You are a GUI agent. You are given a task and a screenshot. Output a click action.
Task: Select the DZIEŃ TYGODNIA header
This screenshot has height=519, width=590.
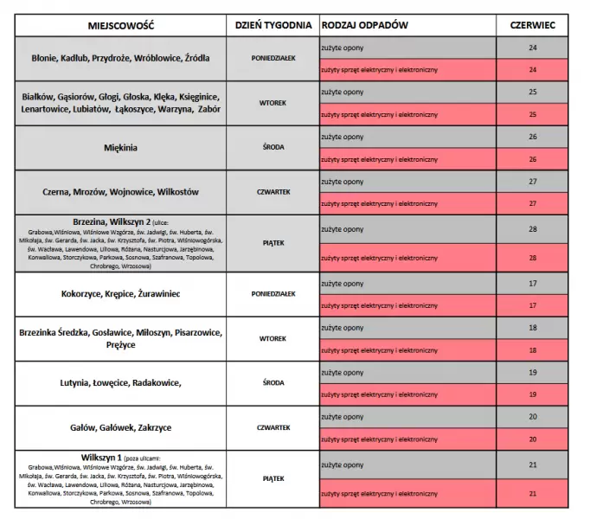tap(273, 25)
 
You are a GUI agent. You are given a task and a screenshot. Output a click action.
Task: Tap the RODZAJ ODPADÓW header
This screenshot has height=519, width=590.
tap(364, 25)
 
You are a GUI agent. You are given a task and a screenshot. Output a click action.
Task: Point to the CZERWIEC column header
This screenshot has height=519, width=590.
tap(532, 25)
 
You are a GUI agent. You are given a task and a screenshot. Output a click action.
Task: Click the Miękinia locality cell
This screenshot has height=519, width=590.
tap(120, 147)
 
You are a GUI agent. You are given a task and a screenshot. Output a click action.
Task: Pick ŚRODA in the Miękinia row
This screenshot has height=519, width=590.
tap(273, 147)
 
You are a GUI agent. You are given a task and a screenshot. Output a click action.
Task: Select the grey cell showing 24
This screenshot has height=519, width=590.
tap(532, 48)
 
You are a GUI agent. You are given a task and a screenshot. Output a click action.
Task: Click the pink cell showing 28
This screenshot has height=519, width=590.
tap(532, 258)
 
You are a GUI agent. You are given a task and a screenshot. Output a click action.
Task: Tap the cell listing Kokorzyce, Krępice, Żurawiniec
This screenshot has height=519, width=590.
tap(120, 294)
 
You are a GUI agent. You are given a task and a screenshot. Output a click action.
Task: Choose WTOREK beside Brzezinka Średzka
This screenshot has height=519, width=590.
tap(273, 338)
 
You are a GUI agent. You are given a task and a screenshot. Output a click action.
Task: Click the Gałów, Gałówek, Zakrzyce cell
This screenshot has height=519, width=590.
tap(120, 427)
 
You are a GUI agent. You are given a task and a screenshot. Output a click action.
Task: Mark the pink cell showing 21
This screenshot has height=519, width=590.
tap(532, 493)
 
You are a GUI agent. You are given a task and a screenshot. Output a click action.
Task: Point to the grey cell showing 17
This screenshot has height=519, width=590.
tap(532, 284)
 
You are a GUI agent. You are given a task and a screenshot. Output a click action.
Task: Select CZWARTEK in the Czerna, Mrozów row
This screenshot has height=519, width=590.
tap(273, 191)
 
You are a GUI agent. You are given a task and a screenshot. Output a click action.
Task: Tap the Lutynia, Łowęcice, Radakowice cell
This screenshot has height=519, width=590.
tap(120, 382)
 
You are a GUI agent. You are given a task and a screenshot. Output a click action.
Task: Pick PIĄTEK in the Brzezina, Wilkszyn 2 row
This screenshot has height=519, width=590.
tap(273, 243)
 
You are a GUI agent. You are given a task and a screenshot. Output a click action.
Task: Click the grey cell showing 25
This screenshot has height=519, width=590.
tap(532, 92)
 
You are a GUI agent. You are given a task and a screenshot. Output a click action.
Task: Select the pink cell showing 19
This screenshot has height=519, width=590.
tap(532, 394)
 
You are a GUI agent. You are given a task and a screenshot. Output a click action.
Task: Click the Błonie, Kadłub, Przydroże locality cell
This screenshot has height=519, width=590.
tap(120, 58)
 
